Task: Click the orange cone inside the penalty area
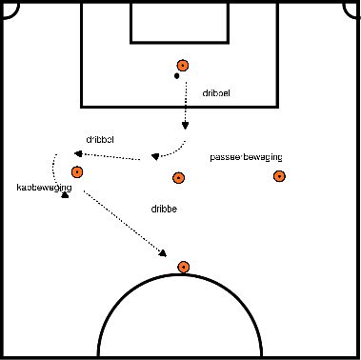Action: (183, 67)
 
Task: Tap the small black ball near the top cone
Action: (176, 75)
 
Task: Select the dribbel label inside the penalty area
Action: (216, 94)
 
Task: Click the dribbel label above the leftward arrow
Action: (99, 139)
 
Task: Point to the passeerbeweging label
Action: (246, 157)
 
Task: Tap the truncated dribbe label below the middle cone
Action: (165, 207)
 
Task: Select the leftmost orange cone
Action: (76, 172)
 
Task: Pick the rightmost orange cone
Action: (279, 176)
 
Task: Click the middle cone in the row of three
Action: (177, 177)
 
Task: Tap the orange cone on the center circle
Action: (183, 267)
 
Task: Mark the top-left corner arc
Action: (6, 6)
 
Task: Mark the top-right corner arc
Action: (354, 6)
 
